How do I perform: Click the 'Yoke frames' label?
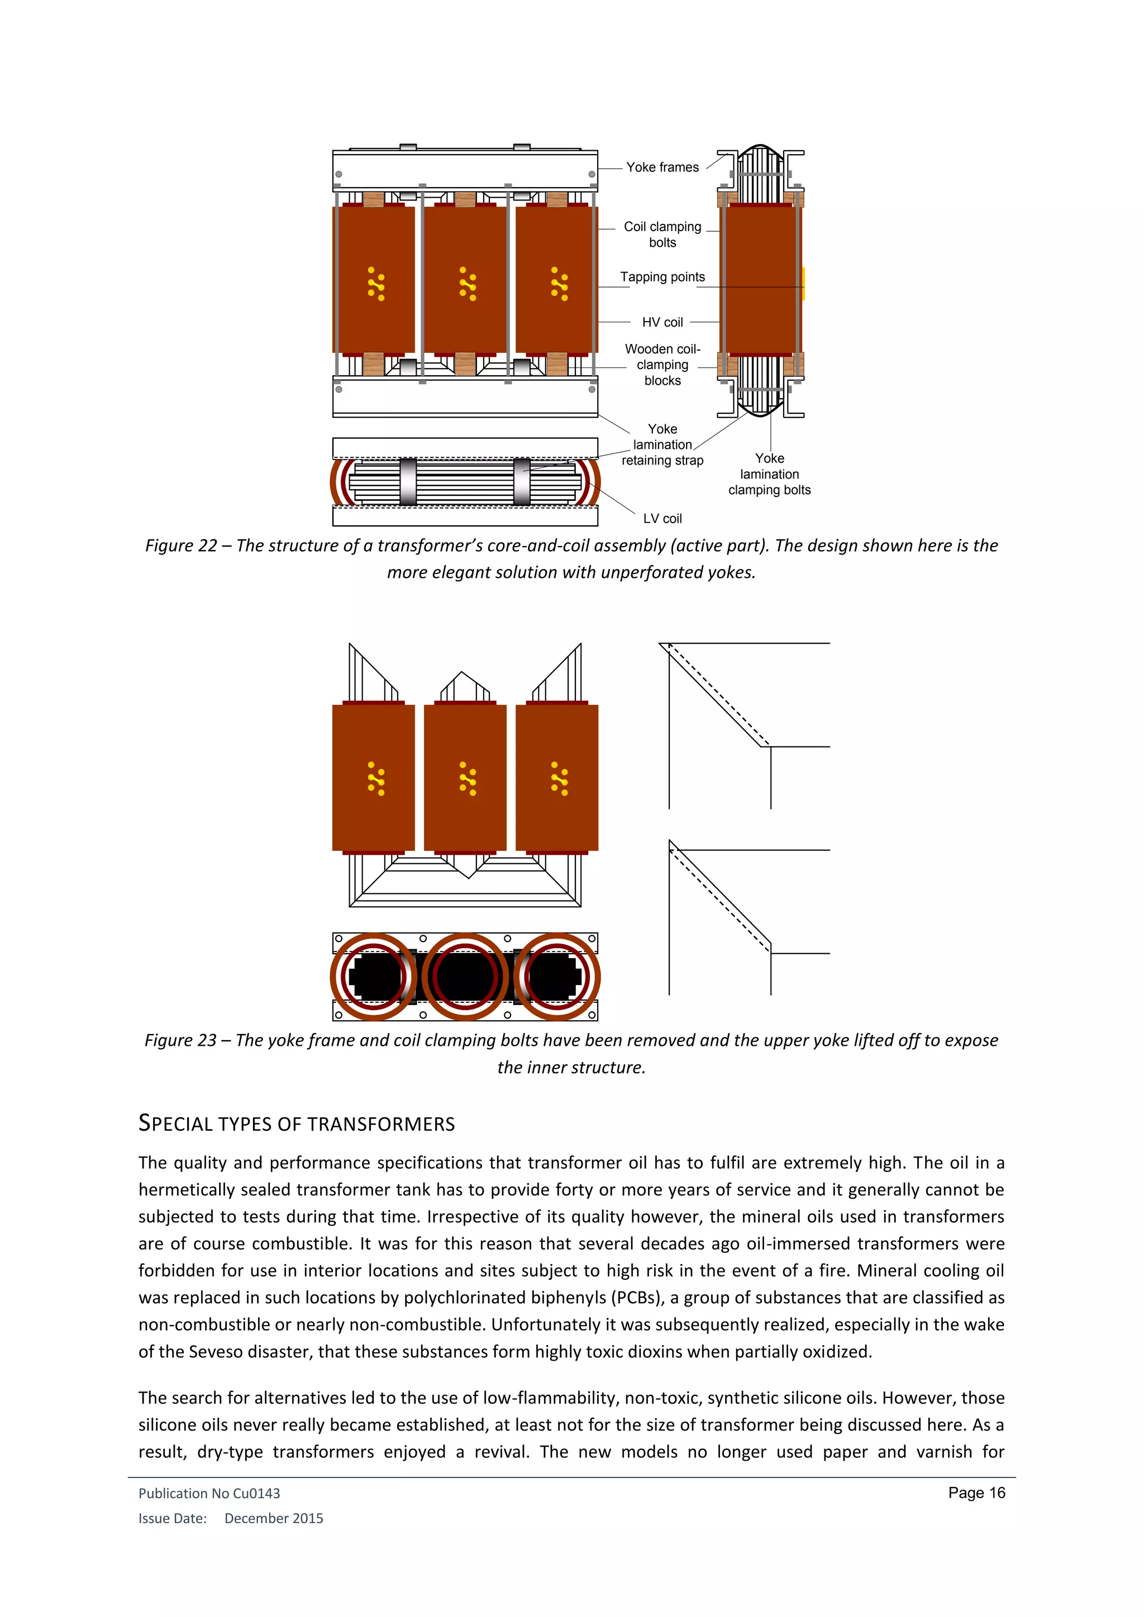[662, 167]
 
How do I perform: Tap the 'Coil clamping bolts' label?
[662, 235]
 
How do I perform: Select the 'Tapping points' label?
[662, 277]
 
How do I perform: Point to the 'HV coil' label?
[662, 322]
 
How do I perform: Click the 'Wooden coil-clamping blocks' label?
[662, 365]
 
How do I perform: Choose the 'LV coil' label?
[662, 518]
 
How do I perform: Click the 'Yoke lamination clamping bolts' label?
[769, 474]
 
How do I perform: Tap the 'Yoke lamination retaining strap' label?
[662, 444]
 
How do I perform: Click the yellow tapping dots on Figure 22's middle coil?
[467, 284]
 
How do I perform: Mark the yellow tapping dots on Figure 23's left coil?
[376, 779]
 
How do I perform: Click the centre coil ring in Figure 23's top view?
[465, 977]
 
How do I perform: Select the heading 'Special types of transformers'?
[297, 1123]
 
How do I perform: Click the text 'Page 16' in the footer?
[976, 1492]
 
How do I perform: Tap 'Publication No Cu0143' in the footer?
[209, 1493]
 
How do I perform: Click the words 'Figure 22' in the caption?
[181, 546]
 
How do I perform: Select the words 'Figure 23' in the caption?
[180, 1040]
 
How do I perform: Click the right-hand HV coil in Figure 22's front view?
[556, 278]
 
